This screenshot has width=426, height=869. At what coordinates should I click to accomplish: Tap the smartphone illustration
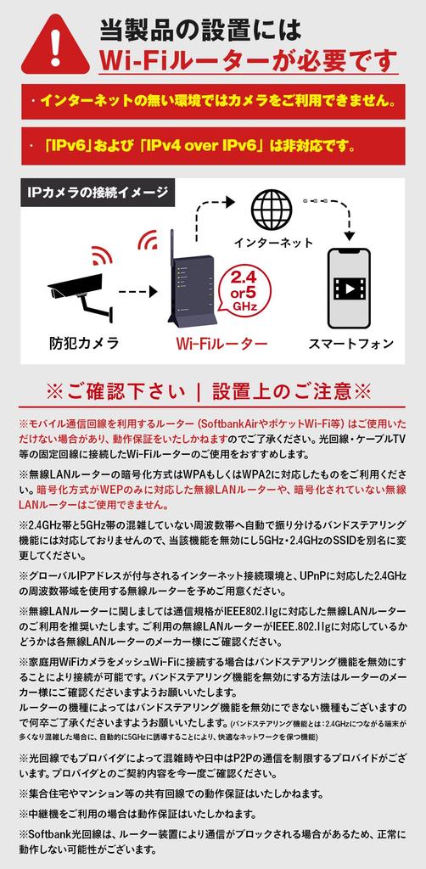pyautogui.click(x=348, y=287)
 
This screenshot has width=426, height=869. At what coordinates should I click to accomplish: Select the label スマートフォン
pyautogui.click(x=350, y=343)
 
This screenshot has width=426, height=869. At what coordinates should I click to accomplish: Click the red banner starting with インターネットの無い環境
pyautogui.click(x=212, y=99)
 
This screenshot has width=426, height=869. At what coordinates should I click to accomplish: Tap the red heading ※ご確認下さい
pyautogui.click(x=212, y=391)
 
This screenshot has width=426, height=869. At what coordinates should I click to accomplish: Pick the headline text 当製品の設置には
pyautogui.click(x=200, y=31)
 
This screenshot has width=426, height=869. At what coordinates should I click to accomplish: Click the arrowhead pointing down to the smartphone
pyautogui.click(x=348, y=234)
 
